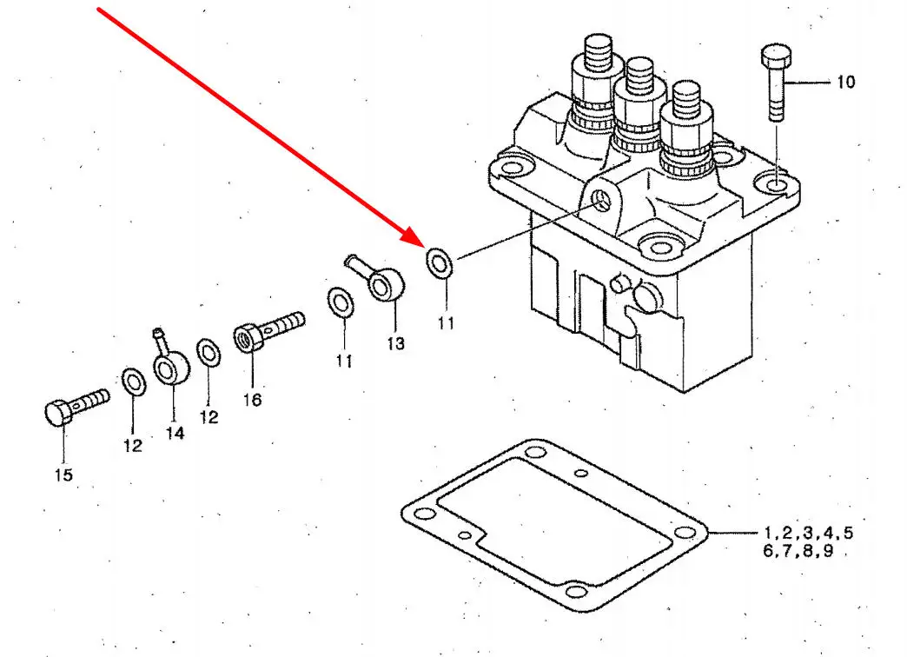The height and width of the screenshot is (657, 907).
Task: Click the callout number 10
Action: click(845, 83)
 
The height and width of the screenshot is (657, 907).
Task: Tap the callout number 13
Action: click(395, 344)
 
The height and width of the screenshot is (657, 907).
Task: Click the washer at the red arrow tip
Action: click(440, 262)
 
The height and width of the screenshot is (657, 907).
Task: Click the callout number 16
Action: click(252, 400)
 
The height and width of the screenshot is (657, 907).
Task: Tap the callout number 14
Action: click(175, 433)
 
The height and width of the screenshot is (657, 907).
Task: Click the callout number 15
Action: click(63, 474)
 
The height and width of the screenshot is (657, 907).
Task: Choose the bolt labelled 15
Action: click(76, 407)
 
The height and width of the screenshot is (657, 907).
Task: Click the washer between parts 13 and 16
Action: click(341, 302)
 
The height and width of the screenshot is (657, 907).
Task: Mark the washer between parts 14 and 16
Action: click(209, 353)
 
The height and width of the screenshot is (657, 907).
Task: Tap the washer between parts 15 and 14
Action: click(134, 382)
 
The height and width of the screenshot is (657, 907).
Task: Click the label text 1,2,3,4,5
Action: click(808, 533)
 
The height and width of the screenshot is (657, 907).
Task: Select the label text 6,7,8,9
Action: click(798, 550)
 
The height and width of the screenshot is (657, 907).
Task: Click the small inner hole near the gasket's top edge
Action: click(581, 474)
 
